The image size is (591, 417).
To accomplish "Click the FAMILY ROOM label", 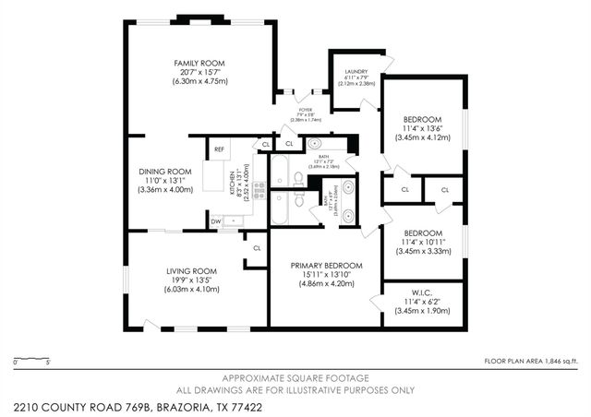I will point(199,64).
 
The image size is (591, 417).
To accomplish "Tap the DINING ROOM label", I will point(165,172).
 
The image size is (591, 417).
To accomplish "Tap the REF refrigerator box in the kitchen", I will point(220,149).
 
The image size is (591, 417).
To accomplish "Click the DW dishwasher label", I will point(214,221).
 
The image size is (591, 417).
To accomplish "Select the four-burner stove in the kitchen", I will point(259,191).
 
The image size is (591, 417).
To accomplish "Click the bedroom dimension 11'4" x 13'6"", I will point(422,128).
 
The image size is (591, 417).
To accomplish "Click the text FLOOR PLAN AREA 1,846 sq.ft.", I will point(532,362).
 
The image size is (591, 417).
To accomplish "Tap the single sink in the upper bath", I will point(314,144).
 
